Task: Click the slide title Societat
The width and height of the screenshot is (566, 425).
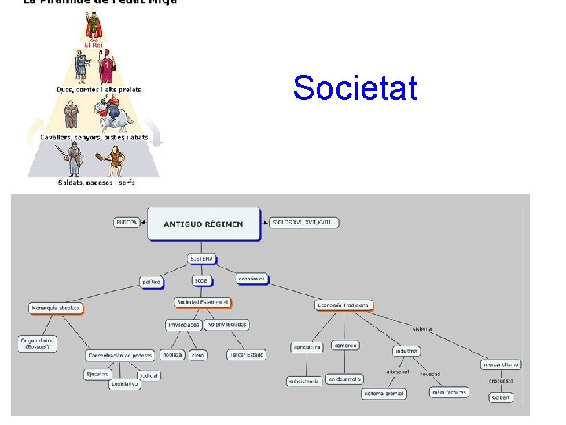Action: click(x=355, y=88)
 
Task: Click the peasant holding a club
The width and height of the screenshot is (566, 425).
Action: click(x=115, y=161)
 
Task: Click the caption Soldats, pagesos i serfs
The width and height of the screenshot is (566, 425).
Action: click(x=96, y=183)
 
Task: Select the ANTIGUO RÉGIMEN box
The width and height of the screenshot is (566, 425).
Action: click(x=204, y=224)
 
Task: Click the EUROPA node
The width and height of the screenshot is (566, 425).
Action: click(x=127, y=224)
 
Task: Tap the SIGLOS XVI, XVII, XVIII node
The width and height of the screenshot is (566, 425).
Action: click(x=303, y=223)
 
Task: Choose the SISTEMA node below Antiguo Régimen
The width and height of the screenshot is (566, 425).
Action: click(x=201, y=258)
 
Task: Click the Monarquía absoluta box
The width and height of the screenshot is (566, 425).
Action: click(x=56, y=308)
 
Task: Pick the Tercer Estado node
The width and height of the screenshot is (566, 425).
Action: click(x=247, y=355)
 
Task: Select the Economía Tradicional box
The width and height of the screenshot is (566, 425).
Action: click(x=344, y=305)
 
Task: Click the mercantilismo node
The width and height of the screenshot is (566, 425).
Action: click(x=501, y=364)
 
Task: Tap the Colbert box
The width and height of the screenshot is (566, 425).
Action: click(x=501, y=397)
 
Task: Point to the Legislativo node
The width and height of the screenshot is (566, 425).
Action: click(x=125, y=384)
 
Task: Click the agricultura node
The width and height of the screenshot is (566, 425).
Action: click(x=307, y=346)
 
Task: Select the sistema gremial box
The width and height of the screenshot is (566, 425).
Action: click(x=384, y=393)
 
